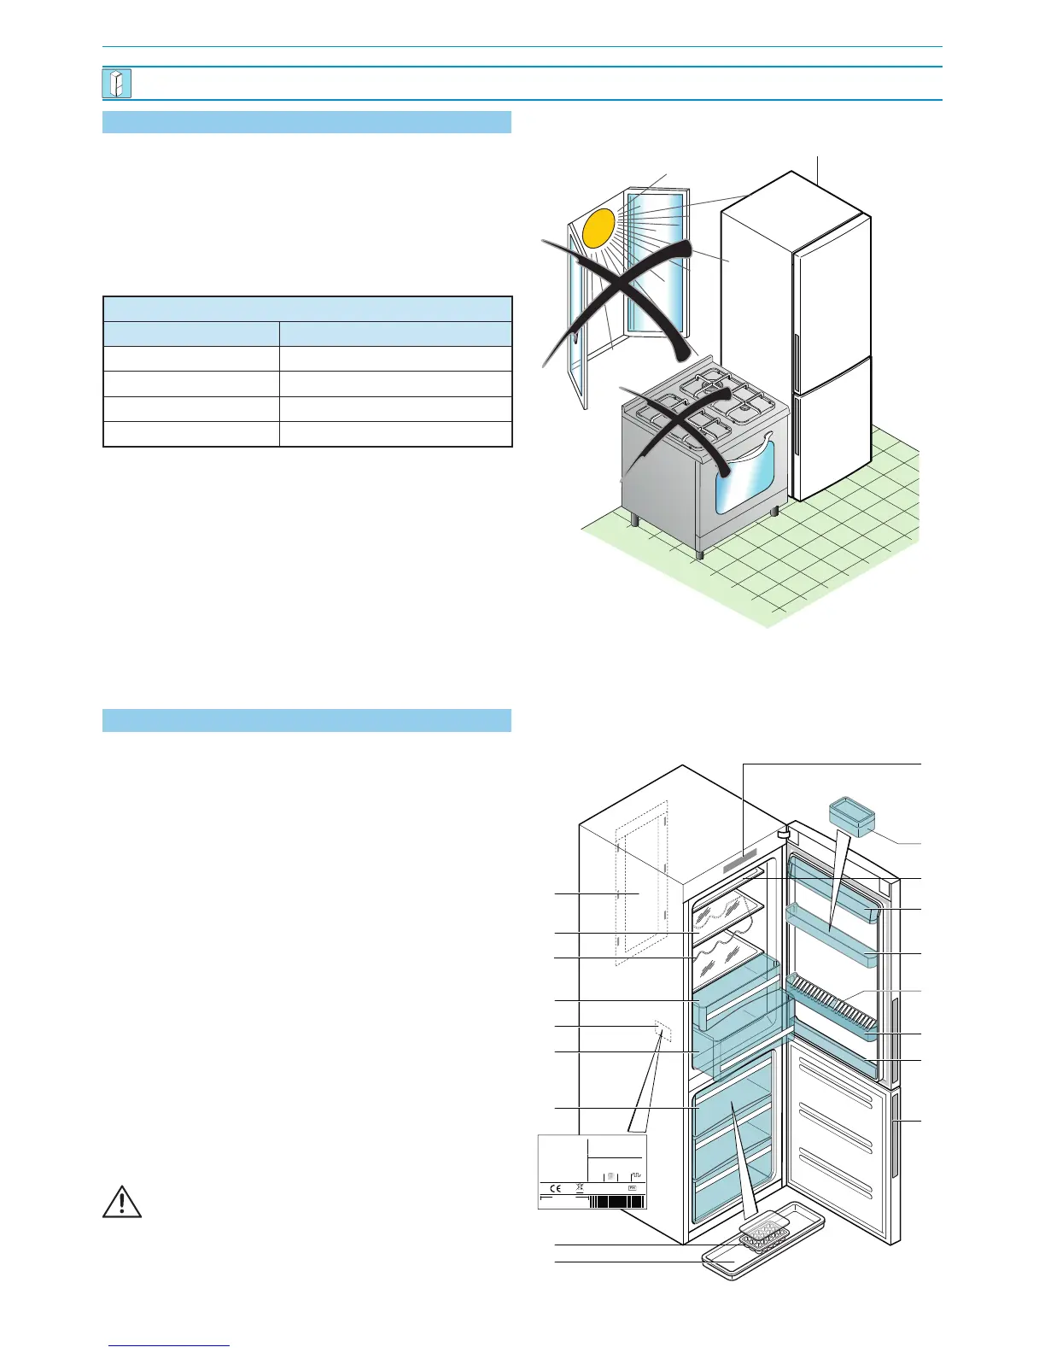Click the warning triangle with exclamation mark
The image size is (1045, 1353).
[122, 1201]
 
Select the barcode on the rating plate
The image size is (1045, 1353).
[616, 1201]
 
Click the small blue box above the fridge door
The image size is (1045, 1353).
[852, 815]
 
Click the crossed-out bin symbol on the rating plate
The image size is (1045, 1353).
[580, 1187]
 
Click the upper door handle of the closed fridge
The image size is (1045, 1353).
[797, 359]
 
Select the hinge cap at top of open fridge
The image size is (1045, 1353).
[782, 829]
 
